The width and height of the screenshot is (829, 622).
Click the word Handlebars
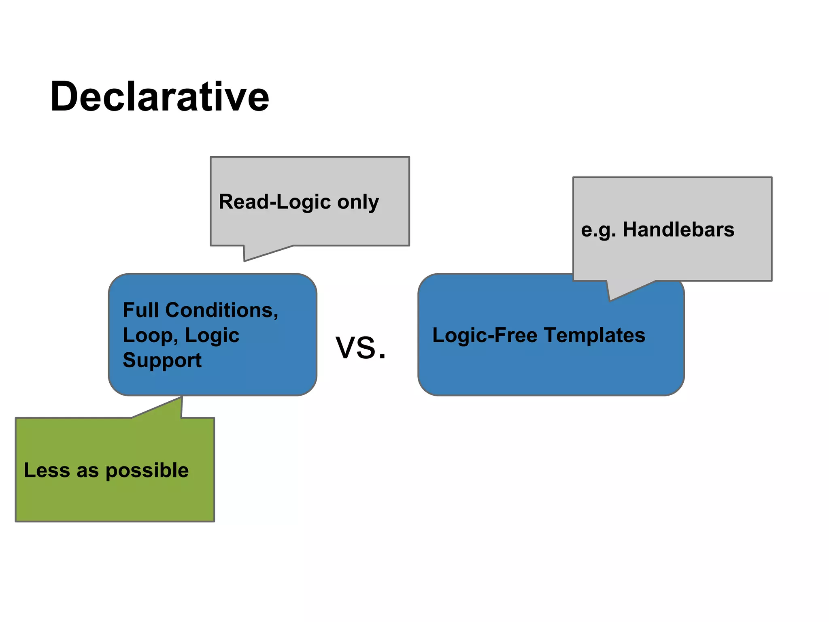point(678,229)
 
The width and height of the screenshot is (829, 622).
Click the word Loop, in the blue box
point(151,336)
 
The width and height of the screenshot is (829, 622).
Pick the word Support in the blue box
point(162,360)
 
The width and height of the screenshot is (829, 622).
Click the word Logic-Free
point(485,335)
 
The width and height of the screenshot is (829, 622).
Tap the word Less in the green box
point(47,470)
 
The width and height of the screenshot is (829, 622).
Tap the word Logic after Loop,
point(212,336)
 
